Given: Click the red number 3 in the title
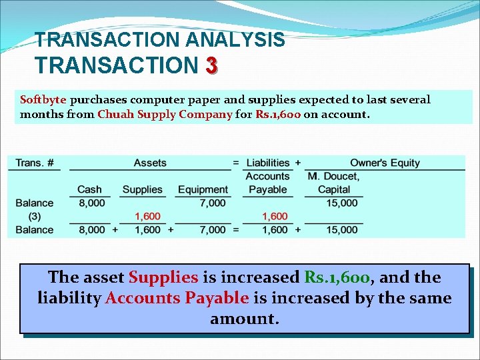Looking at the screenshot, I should point(211,65).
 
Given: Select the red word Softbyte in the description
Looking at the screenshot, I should point(43,100).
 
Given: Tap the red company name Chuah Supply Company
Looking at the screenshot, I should point(165,114).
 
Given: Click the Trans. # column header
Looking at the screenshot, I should point(34,163).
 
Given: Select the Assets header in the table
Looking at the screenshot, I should point(150,163).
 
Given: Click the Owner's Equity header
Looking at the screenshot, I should point(385,163).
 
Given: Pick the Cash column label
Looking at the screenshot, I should point(89,189).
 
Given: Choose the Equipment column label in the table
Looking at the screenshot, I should point(203,189).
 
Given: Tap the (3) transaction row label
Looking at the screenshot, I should point(34,216).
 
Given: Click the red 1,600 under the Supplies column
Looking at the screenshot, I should point(147,216).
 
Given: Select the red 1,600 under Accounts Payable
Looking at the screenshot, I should point(275,216).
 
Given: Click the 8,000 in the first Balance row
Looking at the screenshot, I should point(92,203).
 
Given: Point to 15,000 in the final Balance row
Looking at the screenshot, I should point(342,230).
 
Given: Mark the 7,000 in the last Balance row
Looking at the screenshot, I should point(213,230).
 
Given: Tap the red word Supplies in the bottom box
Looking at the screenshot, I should point(163,277).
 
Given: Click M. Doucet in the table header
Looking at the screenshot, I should point(333,176).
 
